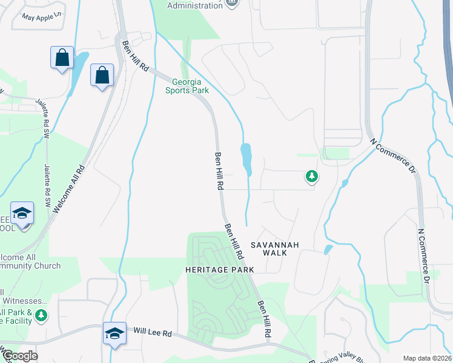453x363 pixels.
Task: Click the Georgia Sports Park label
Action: tap(187, 86)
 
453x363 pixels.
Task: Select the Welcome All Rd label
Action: tap(67, 185)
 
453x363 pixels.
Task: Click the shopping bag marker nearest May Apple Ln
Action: tap(62, 58)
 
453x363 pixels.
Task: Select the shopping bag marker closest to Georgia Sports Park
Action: tap(102, 76)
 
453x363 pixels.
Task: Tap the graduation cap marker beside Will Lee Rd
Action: tap(114, 333)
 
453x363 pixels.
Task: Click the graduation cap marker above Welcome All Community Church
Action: tap(22, 214)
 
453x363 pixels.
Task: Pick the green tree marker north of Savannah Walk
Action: tap(311, 177)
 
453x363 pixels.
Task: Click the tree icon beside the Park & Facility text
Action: tap(41, 315)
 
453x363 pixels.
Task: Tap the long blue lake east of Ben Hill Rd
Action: tap(246, 158)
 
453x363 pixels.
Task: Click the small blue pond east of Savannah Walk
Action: tap(328, 249)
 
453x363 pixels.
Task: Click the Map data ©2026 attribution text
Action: tap(427, 358)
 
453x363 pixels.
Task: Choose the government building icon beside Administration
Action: tap(231, 3)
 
